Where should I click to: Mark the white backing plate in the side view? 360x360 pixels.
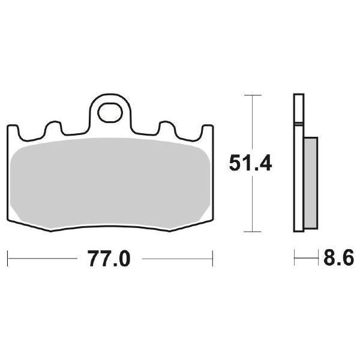[x=298, y=162]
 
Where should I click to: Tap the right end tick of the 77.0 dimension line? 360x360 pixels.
[x=214, y=259]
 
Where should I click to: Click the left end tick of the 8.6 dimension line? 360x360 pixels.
[x=295, y=259]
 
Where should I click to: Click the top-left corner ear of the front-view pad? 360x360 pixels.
[x=12, y=128]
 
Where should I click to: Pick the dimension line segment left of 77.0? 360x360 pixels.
[x=45, y=259]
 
